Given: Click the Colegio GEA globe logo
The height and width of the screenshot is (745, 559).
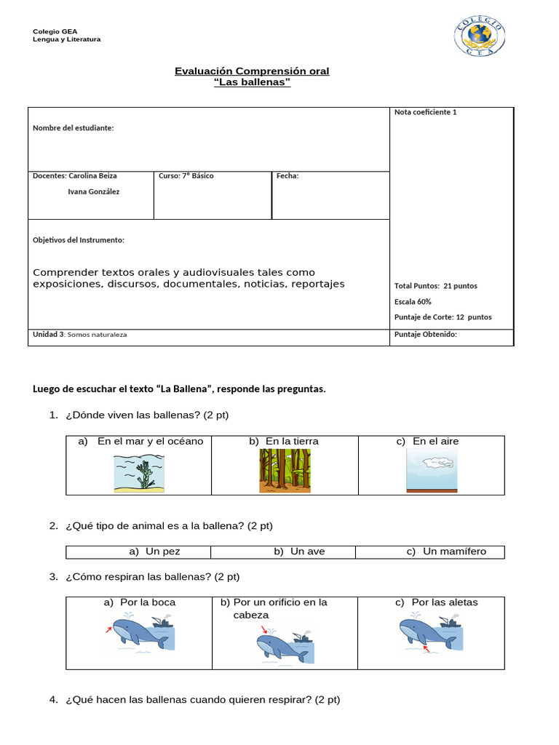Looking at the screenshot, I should [479, 36].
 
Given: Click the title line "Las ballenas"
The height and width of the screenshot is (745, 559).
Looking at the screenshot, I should [252, 82].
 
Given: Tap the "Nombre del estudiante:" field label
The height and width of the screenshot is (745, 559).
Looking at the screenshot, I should [74, 128].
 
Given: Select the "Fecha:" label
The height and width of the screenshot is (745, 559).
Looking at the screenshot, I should [288, 176].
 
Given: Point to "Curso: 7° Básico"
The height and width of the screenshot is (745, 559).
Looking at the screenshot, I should [186, 176].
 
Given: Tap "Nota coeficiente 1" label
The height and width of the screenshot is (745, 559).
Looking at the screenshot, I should [426, 112].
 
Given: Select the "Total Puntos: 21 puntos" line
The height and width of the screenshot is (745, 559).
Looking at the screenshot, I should [436, 286].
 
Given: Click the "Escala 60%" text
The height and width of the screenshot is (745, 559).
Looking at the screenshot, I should [413, 301].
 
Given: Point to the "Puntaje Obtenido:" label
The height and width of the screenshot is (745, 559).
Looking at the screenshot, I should [426, 335].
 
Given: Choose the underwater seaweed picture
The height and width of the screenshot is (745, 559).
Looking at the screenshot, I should [139, 471].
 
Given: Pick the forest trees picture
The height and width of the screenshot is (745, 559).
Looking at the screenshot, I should [285, 471].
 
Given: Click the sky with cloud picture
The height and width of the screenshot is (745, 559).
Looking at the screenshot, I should [431, 471].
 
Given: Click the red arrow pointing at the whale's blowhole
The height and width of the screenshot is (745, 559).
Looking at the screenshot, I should [264, 629].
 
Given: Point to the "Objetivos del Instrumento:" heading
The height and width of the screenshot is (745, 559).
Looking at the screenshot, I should [79, 240].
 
